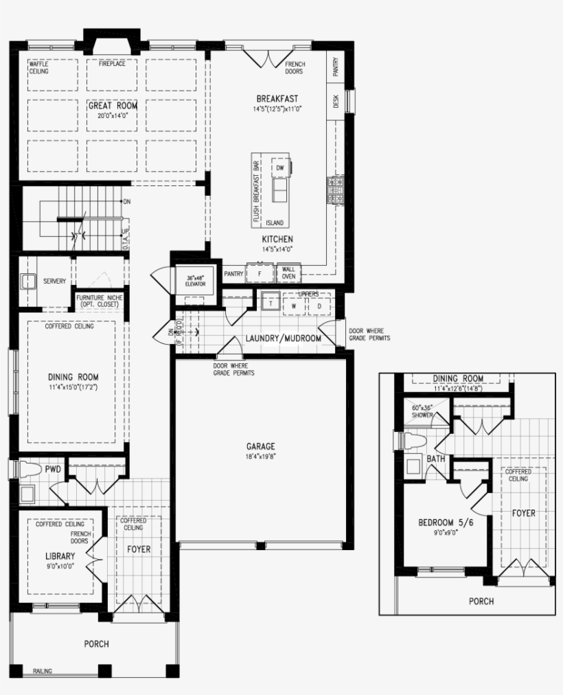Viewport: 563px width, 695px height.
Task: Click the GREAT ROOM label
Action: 113,106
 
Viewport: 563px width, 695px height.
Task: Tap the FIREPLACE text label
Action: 113,65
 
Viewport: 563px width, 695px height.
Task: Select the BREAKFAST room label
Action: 277,99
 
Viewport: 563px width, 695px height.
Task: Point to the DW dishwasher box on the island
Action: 279,168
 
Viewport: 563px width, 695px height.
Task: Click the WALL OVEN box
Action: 288,273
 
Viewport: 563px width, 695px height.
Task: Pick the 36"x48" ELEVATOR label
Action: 196,280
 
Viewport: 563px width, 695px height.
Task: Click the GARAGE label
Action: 261,446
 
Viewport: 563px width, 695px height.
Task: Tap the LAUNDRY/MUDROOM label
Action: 284,339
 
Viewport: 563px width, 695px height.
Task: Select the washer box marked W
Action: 293,306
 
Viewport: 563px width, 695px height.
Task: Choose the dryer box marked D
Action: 319,306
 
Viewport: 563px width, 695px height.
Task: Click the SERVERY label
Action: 54,281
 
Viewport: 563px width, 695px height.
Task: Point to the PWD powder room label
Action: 53,470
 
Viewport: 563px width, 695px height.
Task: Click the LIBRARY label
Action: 60,556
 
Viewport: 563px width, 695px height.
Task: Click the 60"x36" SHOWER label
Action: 422,411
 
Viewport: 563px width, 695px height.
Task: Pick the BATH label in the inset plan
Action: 436,458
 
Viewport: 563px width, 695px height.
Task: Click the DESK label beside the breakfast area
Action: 336,101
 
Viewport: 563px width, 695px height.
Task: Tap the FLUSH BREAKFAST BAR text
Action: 256,192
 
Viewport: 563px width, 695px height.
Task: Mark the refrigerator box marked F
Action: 260,273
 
